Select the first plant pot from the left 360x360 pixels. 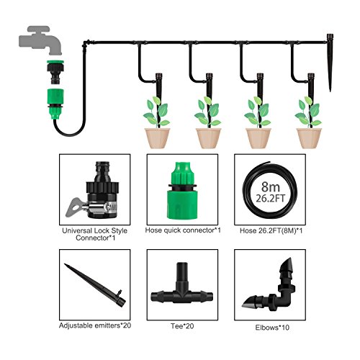pos(157,136)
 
